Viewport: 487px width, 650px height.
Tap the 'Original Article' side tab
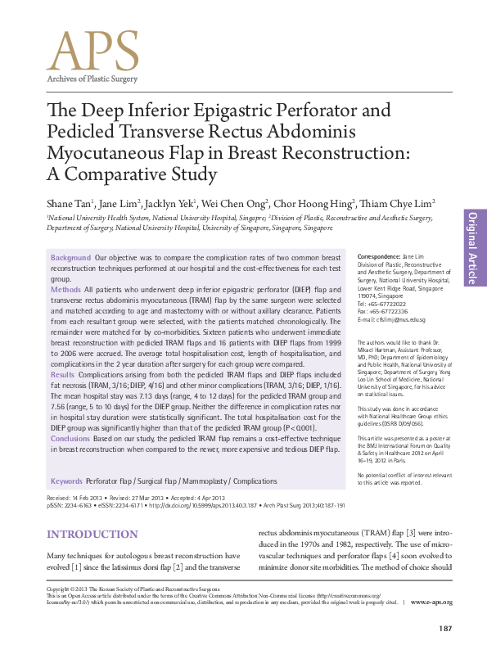[x=472, y=248]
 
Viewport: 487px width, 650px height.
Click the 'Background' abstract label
[x=70, y=257]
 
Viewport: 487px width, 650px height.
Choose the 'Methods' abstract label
[x=65, y=290]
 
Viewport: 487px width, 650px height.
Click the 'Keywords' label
[x=66, y=481]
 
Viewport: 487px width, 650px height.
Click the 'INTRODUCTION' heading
[x=92, y=535]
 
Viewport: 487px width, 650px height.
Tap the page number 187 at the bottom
[x=445, y=629]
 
